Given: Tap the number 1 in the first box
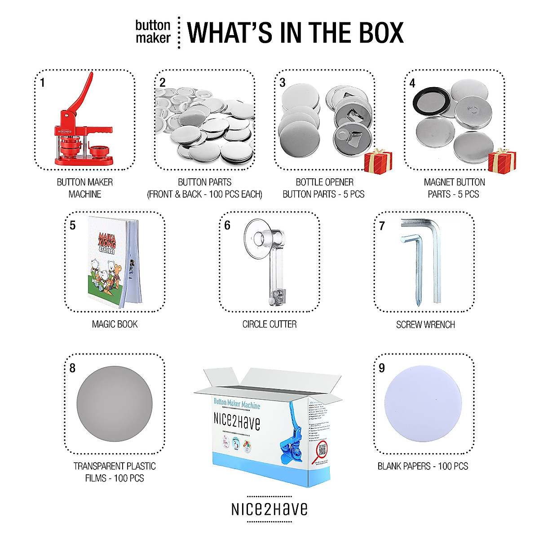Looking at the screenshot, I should (42, 83).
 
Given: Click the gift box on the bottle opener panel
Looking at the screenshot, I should (378, 162).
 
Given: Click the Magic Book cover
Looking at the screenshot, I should (107, 261).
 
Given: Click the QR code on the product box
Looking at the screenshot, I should (322, 449).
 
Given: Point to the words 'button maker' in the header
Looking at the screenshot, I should (153, 32).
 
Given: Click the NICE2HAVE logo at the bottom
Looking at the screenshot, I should (269, 509).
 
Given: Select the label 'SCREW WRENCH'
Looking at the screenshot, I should (425, 325).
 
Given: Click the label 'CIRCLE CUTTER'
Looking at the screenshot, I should (269, 324).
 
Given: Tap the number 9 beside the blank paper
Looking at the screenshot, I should (382, 368).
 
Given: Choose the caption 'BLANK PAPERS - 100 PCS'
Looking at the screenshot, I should (423, 466).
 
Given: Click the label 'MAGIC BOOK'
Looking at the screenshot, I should (115, 324).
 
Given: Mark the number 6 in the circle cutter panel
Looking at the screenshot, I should (227, 225).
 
